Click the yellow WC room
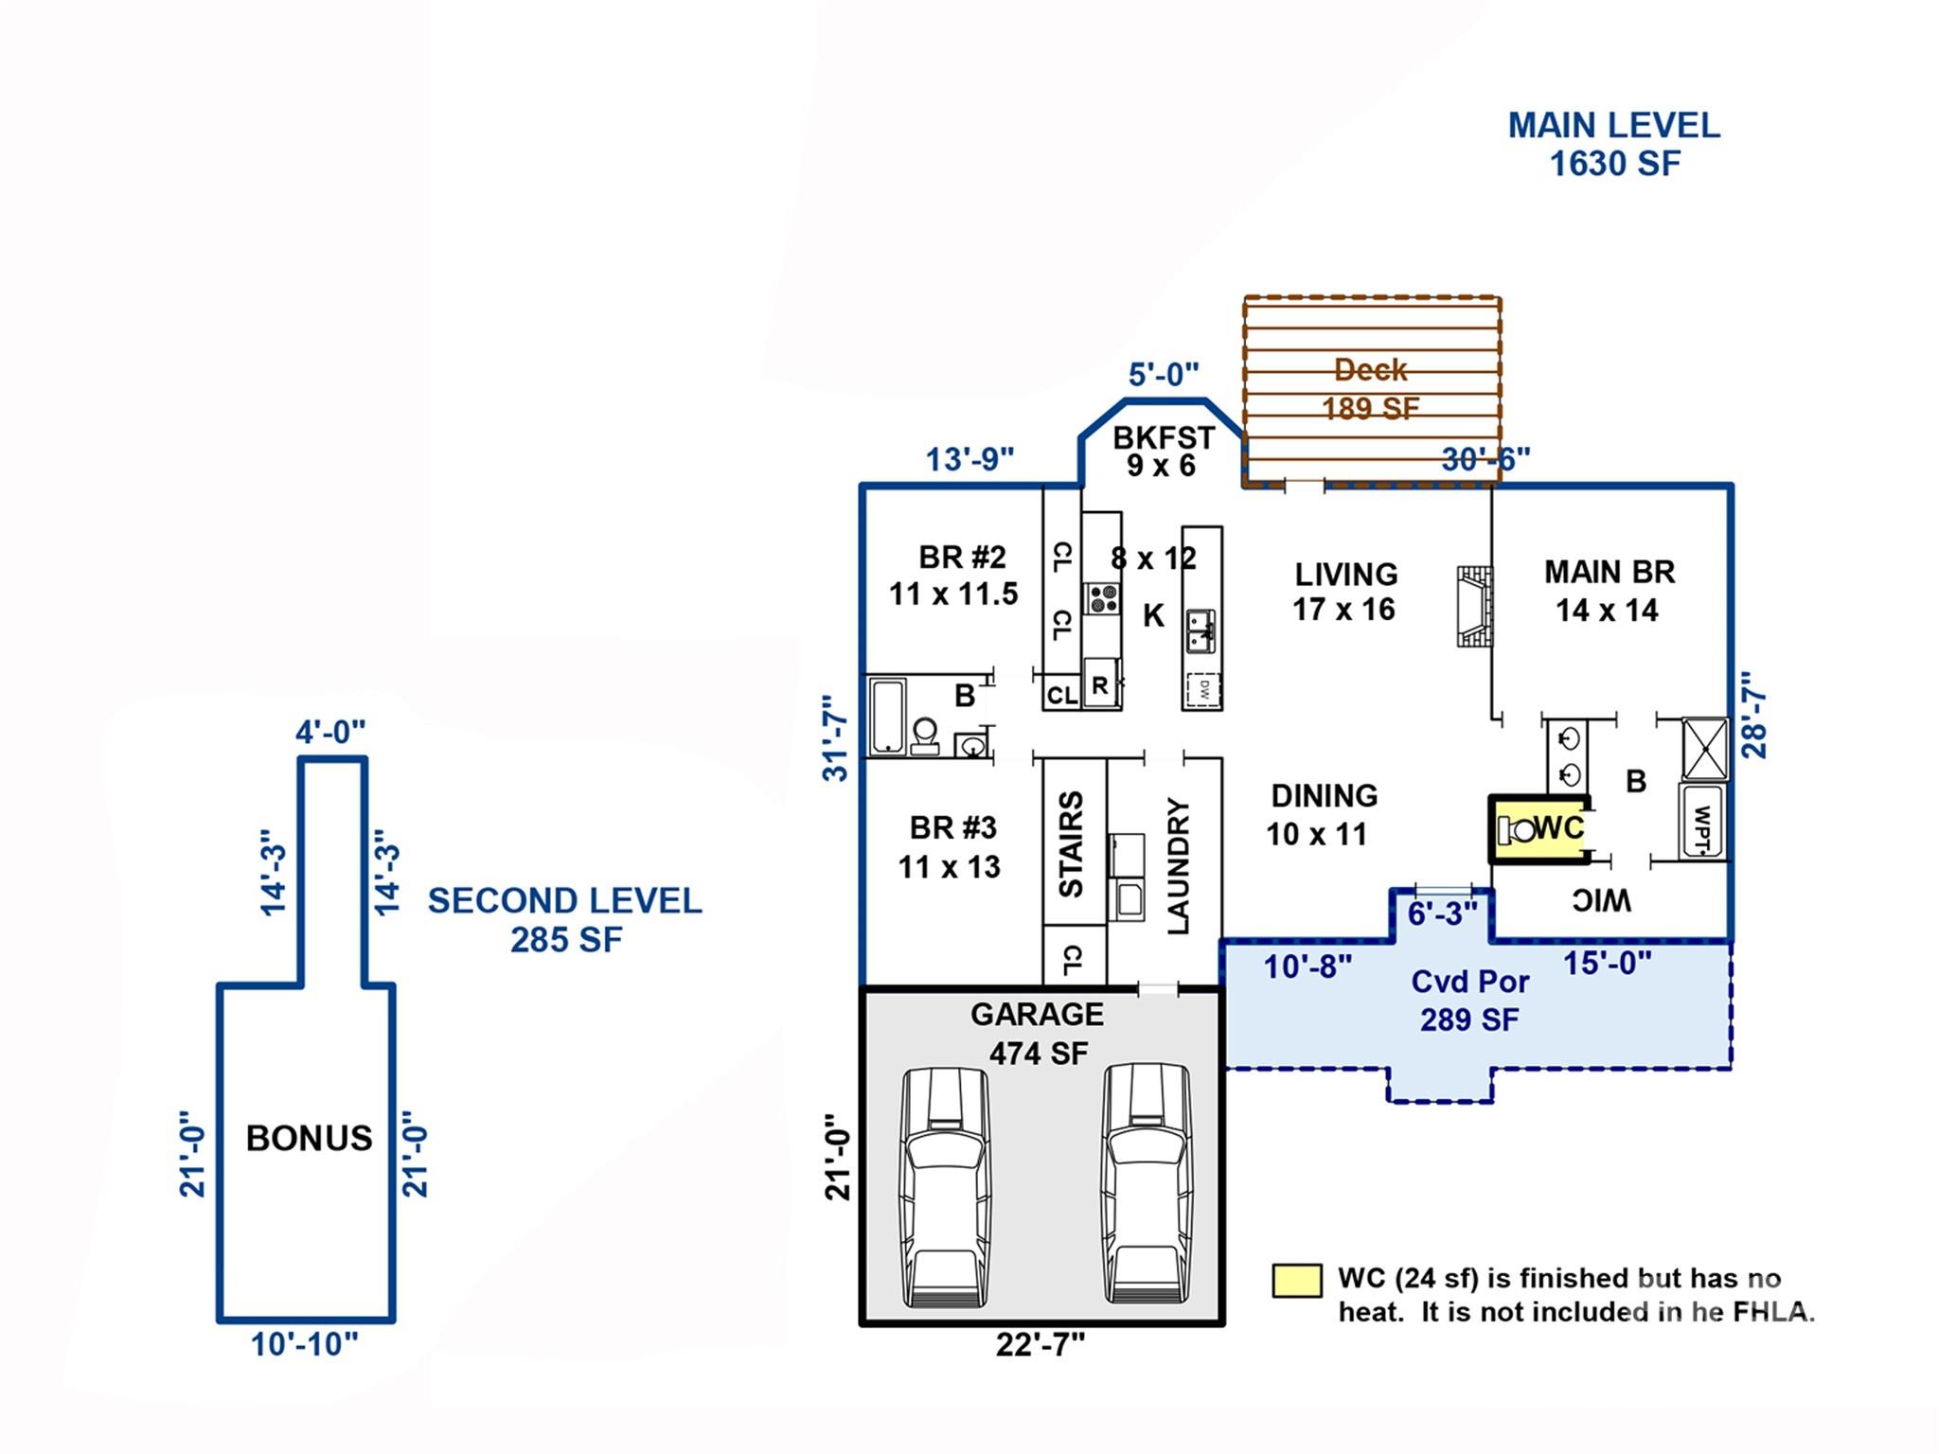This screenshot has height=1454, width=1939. [x=1540, y=829]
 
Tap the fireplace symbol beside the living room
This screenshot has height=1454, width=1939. [x=1473, y=607]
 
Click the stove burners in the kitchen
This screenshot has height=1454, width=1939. [x=1102, y=598]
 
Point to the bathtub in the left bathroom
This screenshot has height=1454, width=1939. [x=887, y=716]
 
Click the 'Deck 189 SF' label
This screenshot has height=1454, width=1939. [x=1371, y=388]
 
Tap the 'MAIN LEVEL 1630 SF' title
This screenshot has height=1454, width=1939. [x=1614, y=144]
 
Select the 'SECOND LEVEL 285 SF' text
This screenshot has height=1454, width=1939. [x=565, y=919]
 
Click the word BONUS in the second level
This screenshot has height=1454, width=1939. [x=309, y=1138]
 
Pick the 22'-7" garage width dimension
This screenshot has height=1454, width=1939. [x=1040, y=1344]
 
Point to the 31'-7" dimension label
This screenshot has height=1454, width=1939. [x=834, y=738]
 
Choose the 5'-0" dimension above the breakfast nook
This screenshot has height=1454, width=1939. [x=1164, y=375]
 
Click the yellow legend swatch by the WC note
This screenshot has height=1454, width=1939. [x=1296, y=1281]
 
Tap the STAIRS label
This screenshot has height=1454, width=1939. [x=1071, y=844]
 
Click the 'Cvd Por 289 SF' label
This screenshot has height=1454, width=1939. [x=1469, y=1000]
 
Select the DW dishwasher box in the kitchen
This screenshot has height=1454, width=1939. [x=1203, y=689]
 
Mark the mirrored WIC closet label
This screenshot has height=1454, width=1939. [x=1601, y=901]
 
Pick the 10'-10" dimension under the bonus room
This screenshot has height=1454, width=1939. [x=305, y=1344]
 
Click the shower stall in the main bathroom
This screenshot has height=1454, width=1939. [x=1704, y=749]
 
